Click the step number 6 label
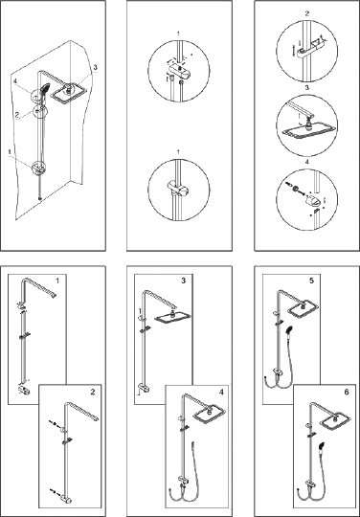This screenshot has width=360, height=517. pos(346,392)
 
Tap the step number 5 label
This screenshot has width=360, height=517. pos(311,281)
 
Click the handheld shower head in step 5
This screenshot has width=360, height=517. pos(289,329)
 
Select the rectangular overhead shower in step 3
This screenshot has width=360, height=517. pos(172,317)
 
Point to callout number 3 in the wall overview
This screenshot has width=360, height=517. pos(95,68)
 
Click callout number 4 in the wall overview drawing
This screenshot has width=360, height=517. pos(14,80)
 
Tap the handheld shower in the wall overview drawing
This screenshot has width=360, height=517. pos(44,91)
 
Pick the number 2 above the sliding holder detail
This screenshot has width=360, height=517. pos(307,13)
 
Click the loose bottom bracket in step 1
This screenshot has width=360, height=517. pos(23,391)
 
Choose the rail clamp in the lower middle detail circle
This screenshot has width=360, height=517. pos(178,189)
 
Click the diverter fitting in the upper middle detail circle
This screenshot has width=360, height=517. pos(178,70)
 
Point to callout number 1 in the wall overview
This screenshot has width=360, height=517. pos(11,151)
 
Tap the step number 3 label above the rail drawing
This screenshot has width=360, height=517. pos(183,281)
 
